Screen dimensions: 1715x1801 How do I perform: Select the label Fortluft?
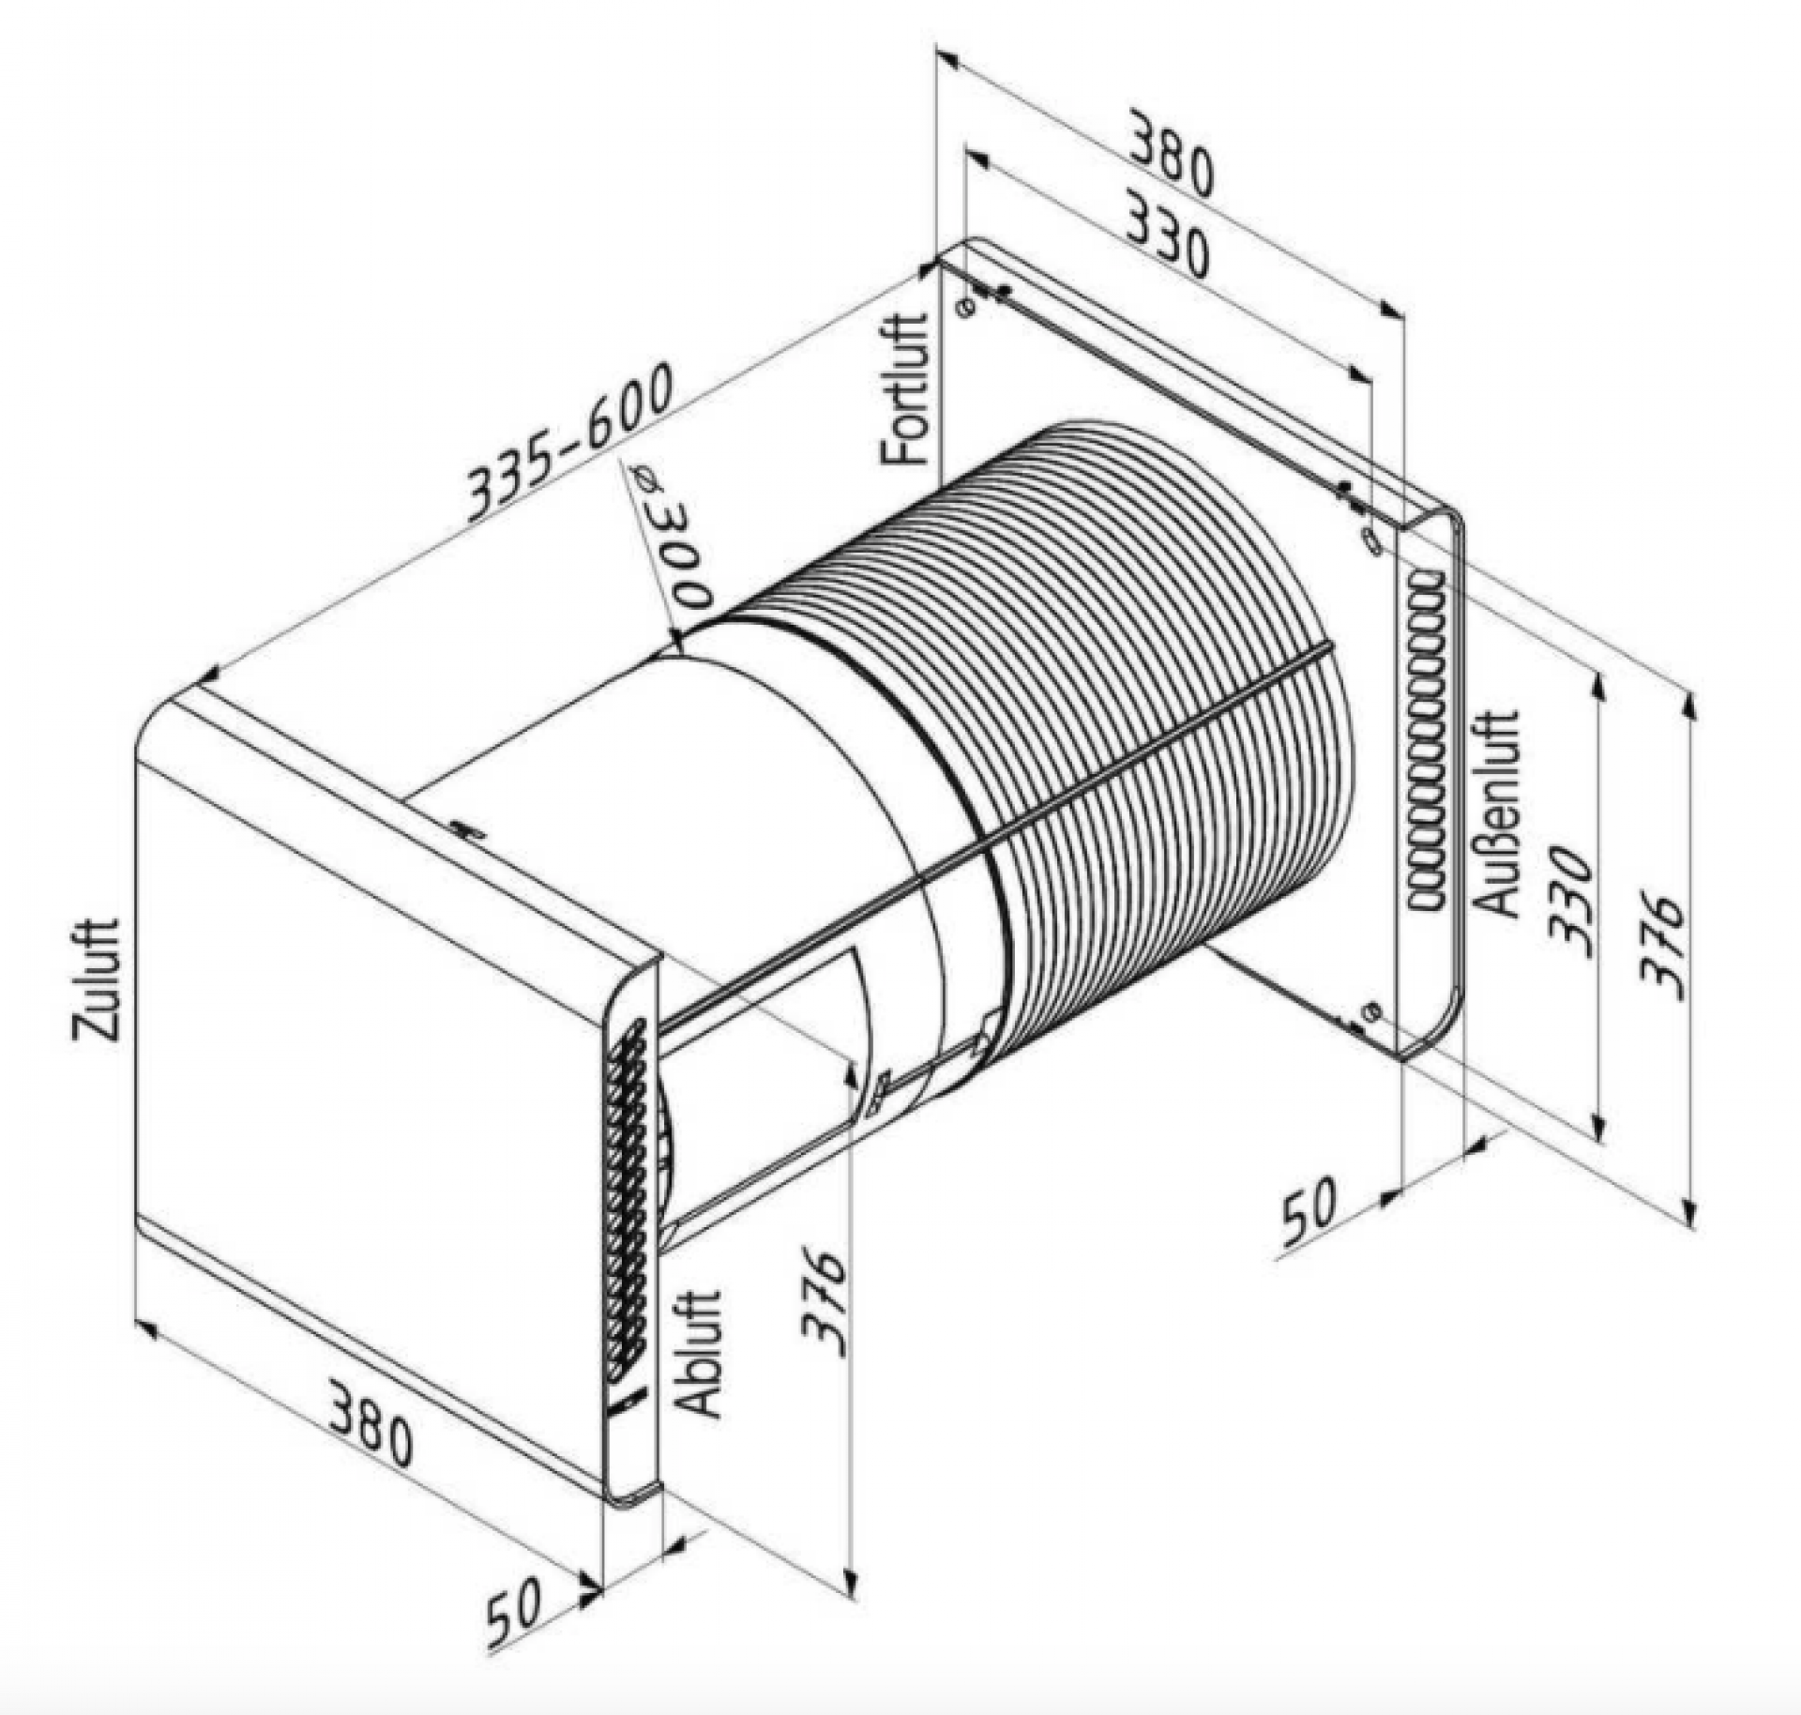(x=905, y=388)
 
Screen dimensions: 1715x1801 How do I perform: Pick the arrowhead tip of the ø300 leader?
(x=675, y=647)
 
